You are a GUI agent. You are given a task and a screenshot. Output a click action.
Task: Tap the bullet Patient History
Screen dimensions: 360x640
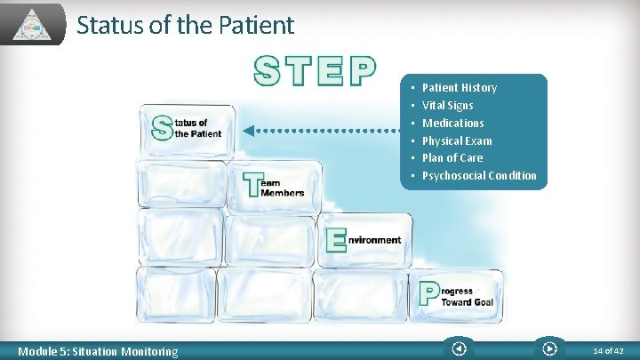[x=459, y=87]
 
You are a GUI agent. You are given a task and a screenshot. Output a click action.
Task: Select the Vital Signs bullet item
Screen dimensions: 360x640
[x=447, y=105]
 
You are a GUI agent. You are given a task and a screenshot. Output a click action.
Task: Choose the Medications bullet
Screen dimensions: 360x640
[x=452, y=123]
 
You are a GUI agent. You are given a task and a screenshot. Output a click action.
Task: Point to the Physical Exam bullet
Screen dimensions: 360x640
[x=457, y=140]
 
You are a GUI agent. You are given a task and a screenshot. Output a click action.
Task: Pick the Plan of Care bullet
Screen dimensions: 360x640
[x=452, y=157]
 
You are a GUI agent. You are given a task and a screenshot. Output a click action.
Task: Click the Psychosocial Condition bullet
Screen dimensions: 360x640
[x=479, y=175]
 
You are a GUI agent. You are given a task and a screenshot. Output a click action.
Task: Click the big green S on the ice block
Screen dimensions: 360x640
[x=161, y=127]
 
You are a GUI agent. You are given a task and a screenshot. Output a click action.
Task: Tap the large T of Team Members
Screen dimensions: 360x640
[x=252, y=185]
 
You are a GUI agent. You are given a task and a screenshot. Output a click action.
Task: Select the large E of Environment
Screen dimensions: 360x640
[x=335, y=240]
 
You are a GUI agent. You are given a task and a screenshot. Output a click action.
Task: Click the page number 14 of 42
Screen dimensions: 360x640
[x=608, y=351]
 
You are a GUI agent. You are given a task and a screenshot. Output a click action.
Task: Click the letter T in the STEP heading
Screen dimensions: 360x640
[x=298, y=71]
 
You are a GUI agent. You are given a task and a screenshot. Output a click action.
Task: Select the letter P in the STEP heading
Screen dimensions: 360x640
[x=363, y=71]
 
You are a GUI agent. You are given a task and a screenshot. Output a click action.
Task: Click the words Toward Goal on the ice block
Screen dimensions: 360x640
[x=468, y=302]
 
